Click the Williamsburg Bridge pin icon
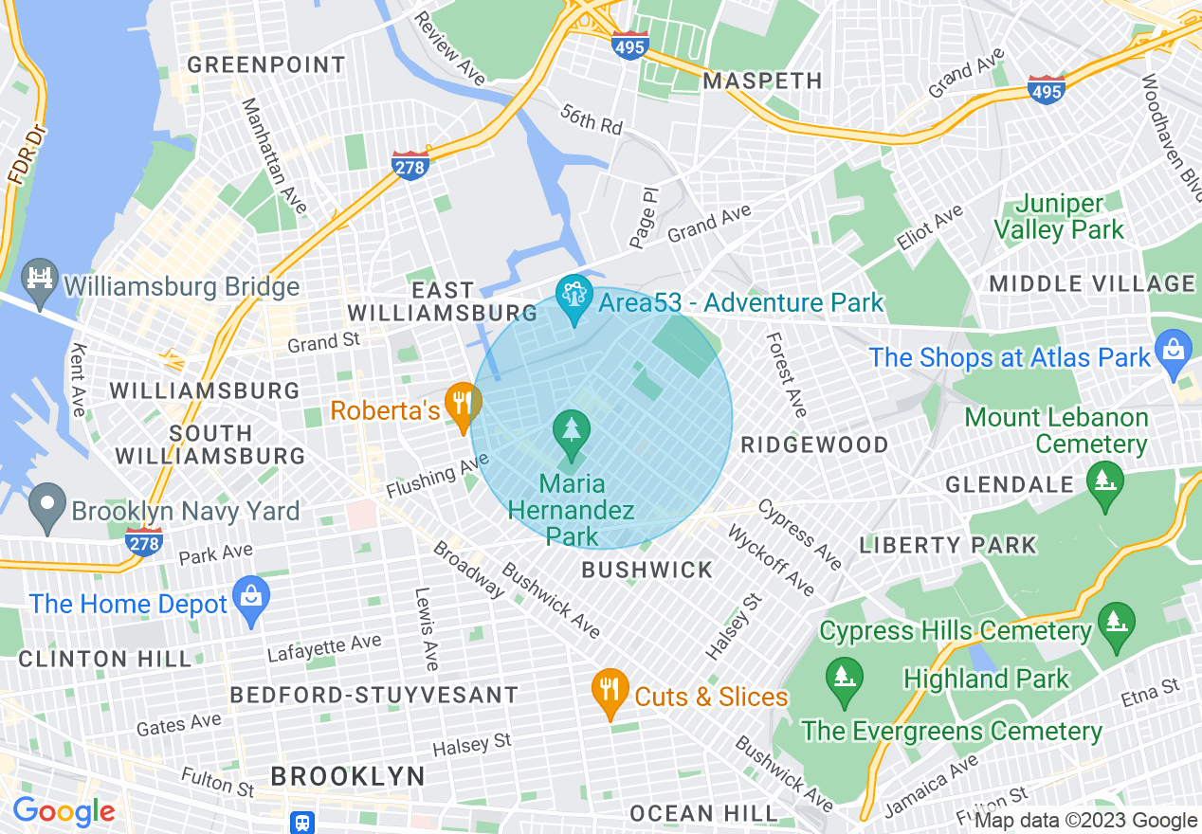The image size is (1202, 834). (39, 281)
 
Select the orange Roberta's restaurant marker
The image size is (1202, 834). (462, 405)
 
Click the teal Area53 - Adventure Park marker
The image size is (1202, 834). (574, 298)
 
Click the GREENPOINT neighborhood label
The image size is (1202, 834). (266, 64)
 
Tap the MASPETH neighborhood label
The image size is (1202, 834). (763, 81)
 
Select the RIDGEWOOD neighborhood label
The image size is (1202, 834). (814, 444)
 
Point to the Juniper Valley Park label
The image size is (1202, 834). (1069, 216)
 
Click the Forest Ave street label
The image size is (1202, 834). (787, 374)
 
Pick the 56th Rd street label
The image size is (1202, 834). (591, 119)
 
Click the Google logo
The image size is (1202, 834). (64, 811)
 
